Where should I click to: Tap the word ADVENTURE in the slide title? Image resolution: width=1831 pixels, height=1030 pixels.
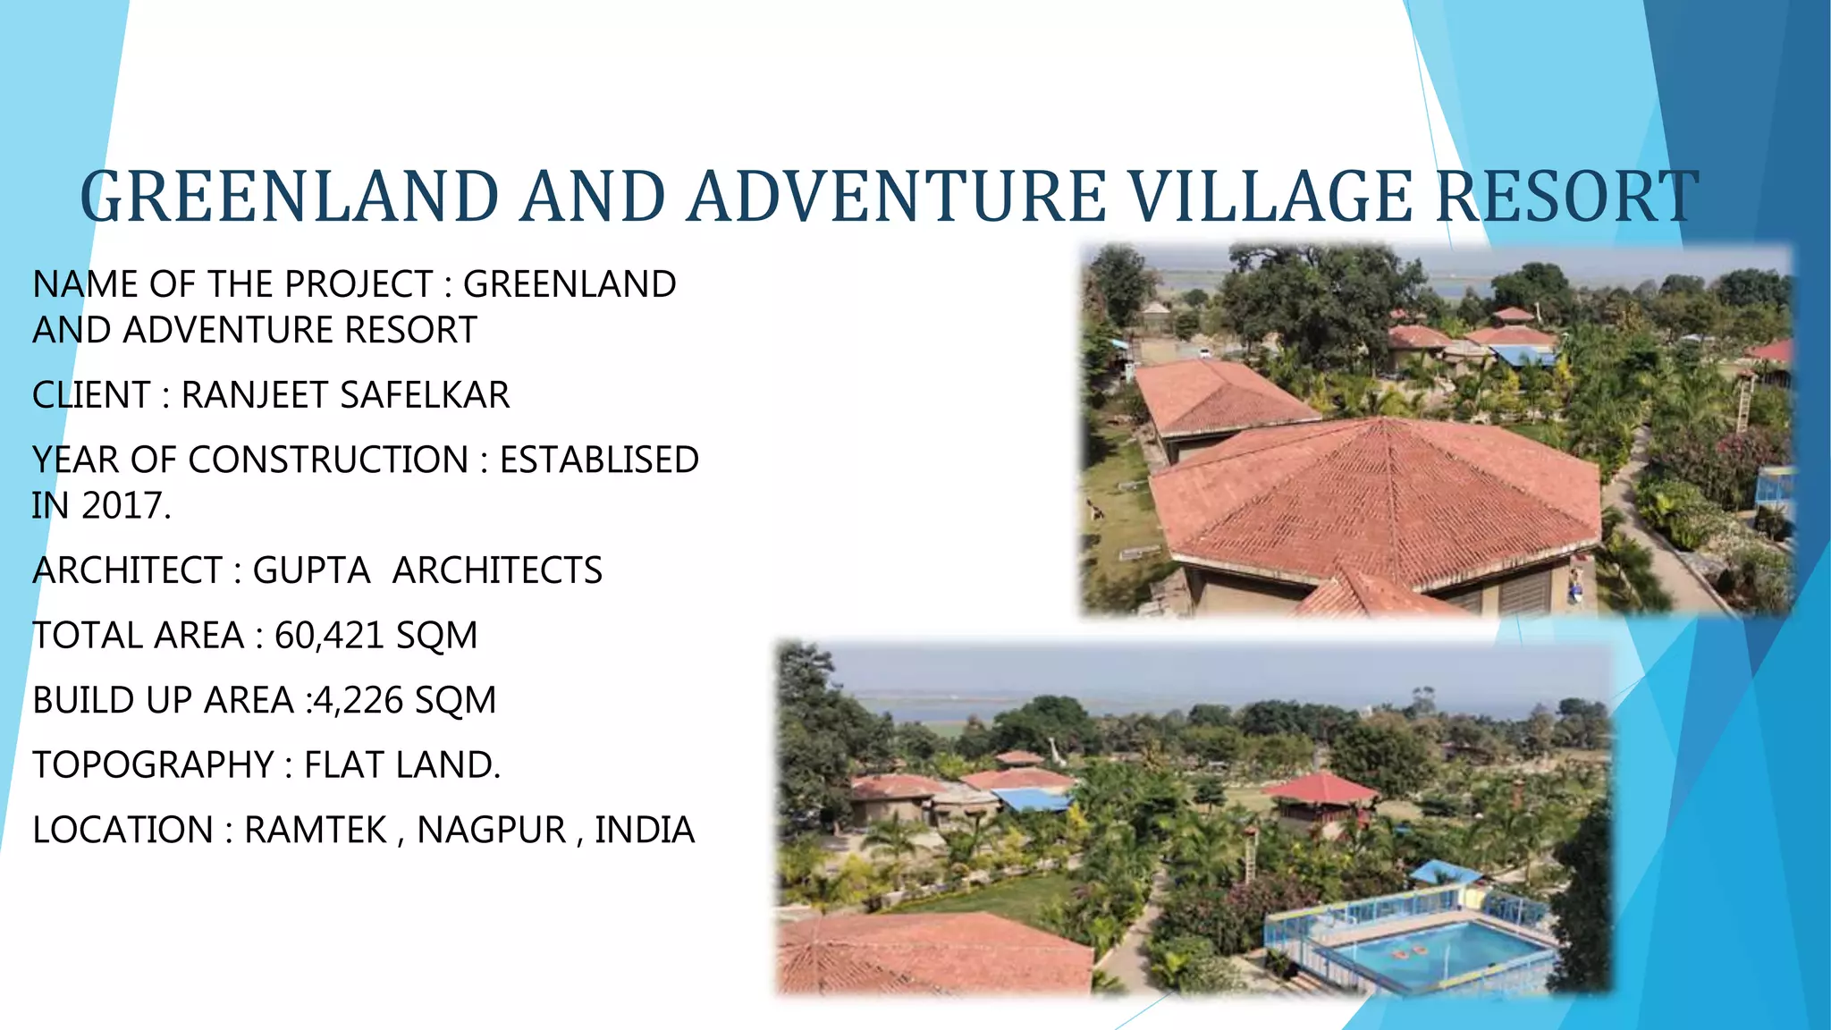pyautogui.click(x=895, y=197)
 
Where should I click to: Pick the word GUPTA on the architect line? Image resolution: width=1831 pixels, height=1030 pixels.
pyautogui.click(x=311, y=570)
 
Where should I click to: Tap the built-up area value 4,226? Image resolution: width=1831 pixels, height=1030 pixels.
pyautogui.click(x=358, y=700)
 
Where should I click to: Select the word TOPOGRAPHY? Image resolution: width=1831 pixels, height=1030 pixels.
pyautogui.click(x=153, y=765)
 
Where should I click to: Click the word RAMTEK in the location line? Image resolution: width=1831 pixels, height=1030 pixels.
pyautogui.click(x=315, y=831)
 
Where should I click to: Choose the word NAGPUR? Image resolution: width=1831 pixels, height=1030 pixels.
pyautogui.click(x=491, y=831)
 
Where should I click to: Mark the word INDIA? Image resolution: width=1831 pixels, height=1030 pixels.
pyautogui.click(x=645, y=831)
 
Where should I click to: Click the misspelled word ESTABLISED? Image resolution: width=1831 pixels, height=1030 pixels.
pyautogui.click(x=599, y=460)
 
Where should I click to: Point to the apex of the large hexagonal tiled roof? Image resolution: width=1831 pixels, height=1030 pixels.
pyautogui.click(x=1383, y=419)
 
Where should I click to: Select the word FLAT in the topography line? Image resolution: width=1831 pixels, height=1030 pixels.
pyautogui.click(x=341, y=765)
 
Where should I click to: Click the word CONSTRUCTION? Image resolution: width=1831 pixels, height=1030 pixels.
pyautogui.click(x=328, y=460)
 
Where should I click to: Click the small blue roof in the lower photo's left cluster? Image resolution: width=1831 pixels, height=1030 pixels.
pyautogui.click(x=1030, y=798)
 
